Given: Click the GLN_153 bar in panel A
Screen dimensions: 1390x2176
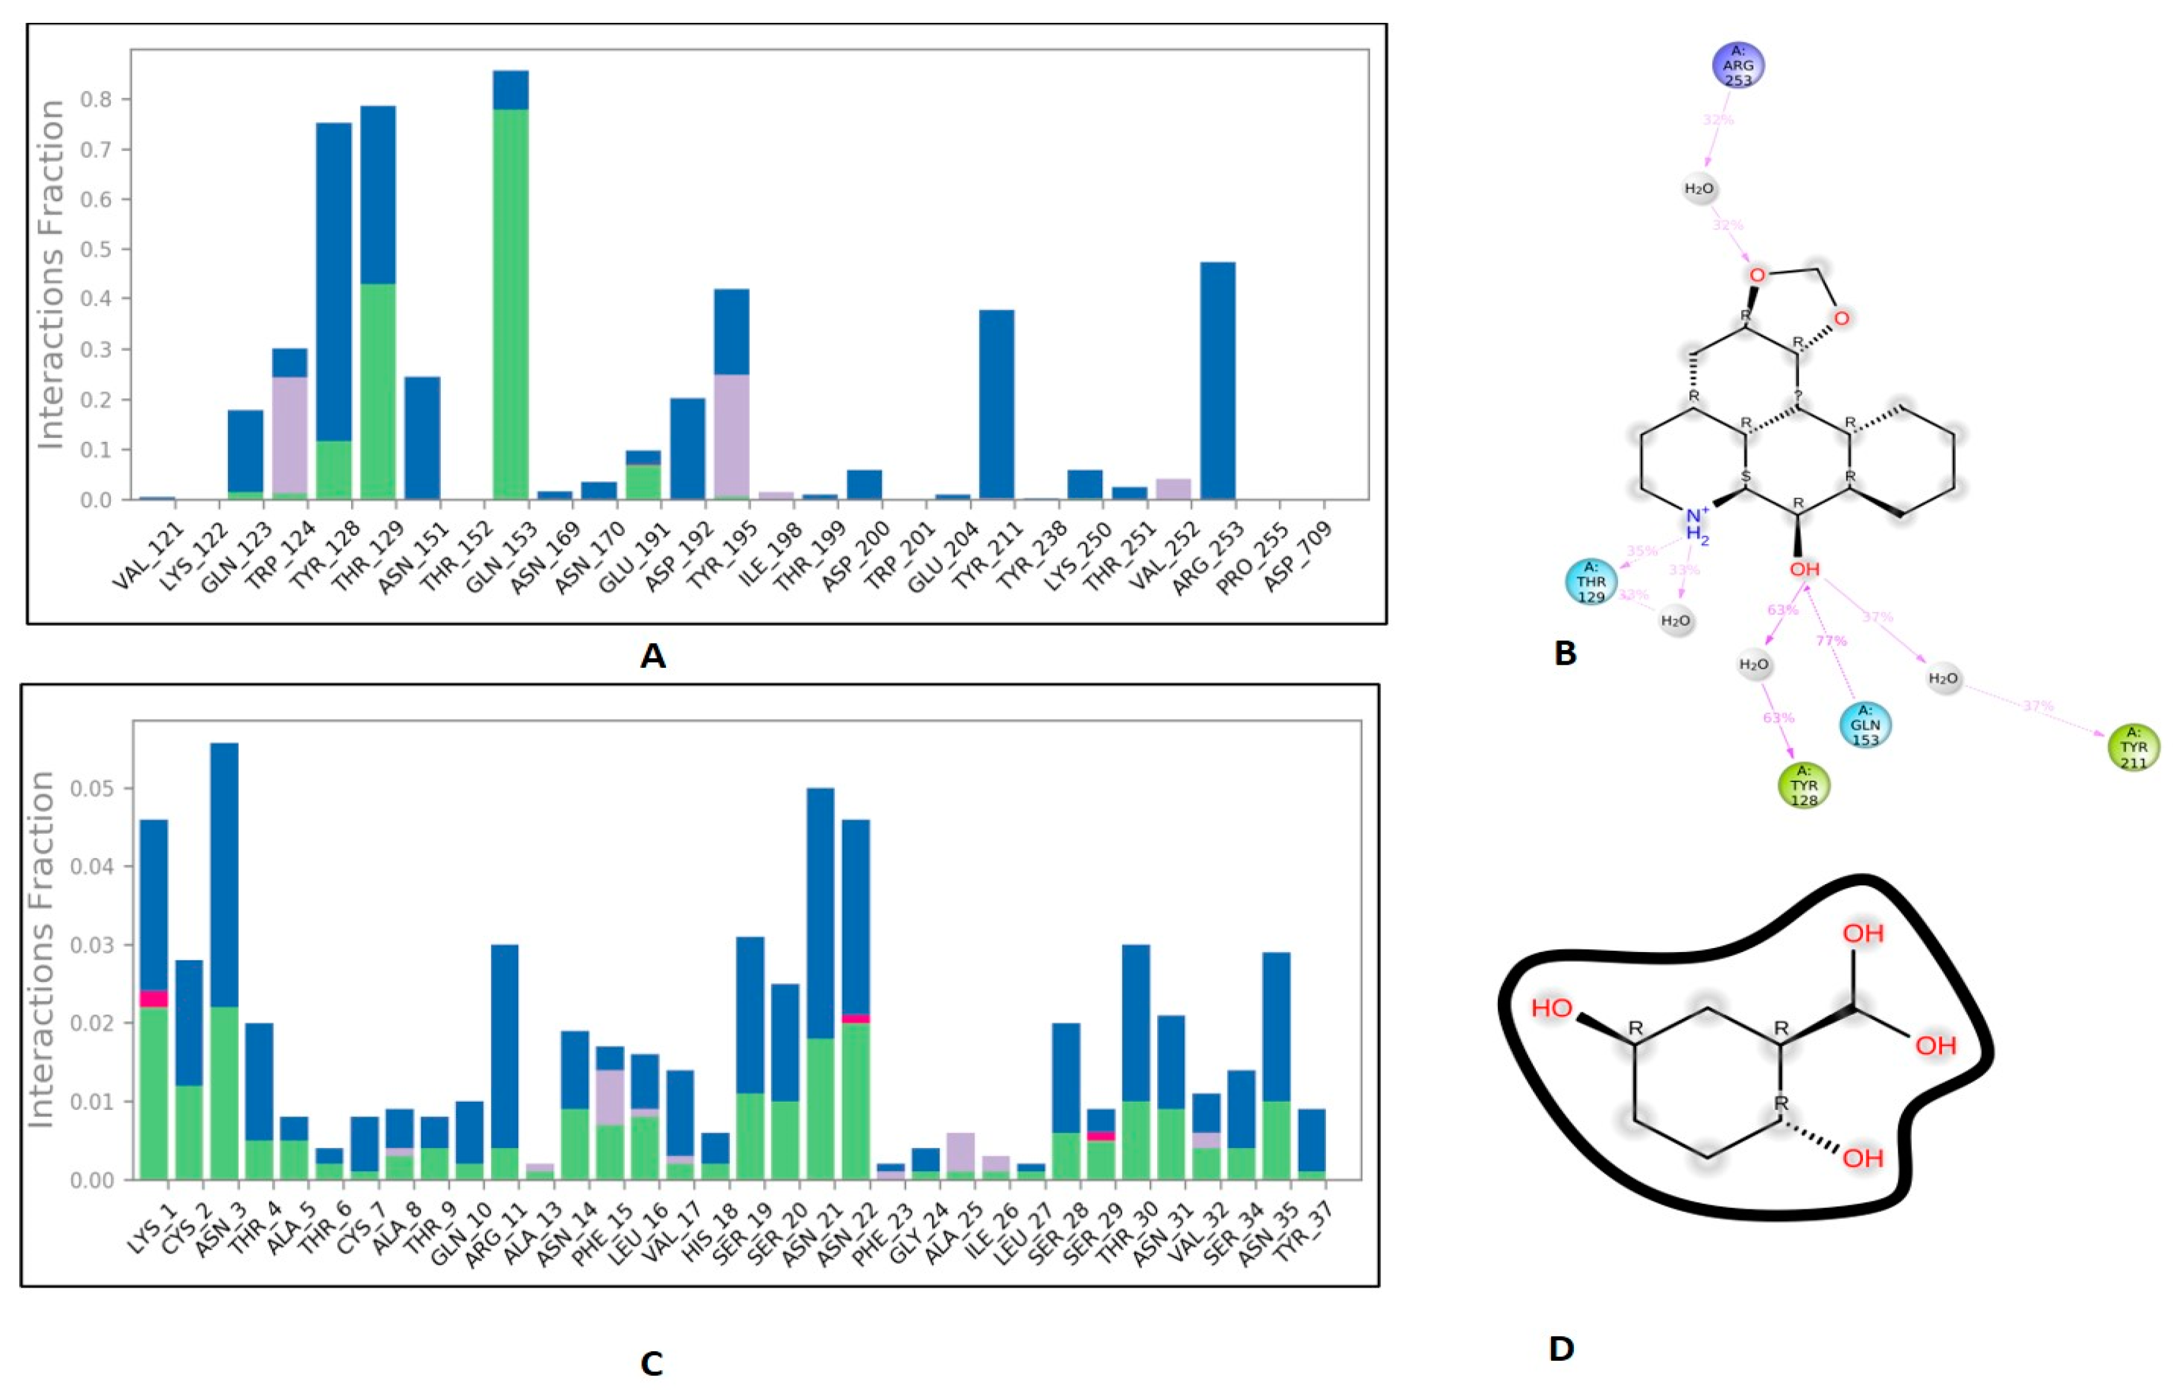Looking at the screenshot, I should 511,298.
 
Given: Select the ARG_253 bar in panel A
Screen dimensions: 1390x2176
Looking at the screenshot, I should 1217,379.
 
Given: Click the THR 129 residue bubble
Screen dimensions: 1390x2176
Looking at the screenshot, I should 1592,582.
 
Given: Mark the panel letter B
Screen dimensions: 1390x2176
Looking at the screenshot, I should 1565,652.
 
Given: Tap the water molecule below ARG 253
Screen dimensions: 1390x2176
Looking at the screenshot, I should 1699,190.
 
